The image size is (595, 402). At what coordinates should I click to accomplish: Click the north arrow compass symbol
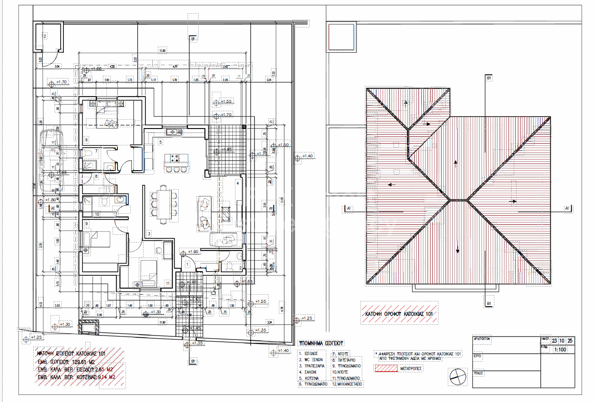[x=458, y=377]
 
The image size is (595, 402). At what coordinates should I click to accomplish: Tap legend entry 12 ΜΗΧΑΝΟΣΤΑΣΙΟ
[x=347, y=384]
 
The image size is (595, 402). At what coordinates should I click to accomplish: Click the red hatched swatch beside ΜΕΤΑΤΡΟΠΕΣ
[x=386, y=368]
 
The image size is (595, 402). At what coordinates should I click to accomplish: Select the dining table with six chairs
[x=164, y=203]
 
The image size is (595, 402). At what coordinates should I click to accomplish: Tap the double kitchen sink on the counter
[x=175, y=132]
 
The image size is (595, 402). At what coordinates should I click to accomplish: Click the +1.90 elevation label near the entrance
[x=193, y=252]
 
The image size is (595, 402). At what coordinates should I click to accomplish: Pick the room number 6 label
[x=86, y=140]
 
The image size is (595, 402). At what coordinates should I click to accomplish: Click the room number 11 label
[x=168, y=283]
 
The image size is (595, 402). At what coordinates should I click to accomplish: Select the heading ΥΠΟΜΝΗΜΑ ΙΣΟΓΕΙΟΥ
[x=321, y=343]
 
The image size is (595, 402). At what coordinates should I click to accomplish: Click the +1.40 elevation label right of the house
[x=307, y=156]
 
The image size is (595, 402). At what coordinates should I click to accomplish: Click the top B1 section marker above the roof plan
[x=489, y=78]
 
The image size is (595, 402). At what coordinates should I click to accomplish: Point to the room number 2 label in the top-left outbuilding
[x=44, y=36]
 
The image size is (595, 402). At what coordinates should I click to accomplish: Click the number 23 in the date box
[x=555, y=340]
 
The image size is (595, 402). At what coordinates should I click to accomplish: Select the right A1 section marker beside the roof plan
[x=567, y=208]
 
